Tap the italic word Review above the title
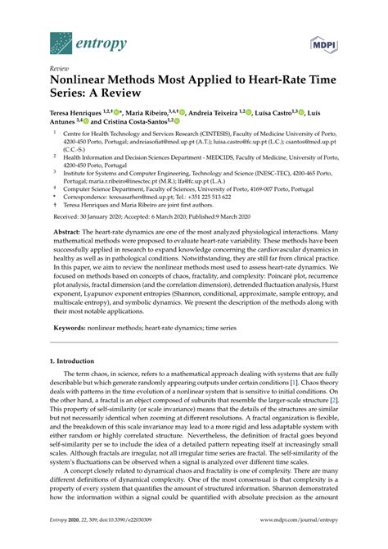59,70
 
